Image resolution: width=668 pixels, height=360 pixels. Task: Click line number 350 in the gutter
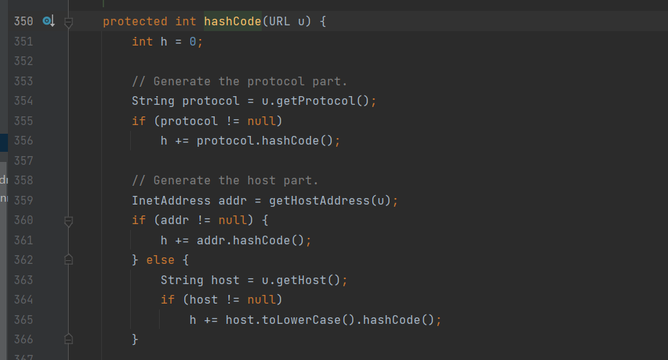click(23, 22)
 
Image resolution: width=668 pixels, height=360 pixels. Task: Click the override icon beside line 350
click(48, 22)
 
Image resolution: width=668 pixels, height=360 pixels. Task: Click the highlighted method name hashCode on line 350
click(233, 22)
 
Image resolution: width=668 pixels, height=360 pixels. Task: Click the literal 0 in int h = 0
click(193, 42)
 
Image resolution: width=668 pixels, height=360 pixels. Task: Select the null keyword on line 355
click(261, 121)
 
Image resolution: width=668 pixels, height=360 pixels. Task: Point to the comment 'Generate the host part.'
click(225, 181)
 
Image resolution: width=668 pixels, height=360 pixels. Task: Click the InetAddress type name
click(171, 200)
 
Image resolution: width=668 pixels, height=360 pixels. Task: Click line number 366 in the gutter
click(23, 339)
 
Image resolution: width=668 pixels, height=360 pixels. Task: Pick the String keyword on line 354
click(153, 101)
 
